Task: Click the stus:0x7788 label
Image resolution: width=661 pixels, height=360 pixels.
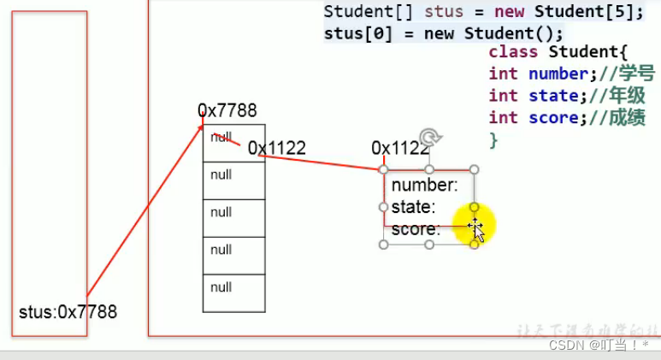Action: pyautogui.click(x=68, y=312)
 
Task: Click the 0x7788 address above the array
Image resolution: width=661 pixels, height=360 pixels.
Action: pyautogui.click(x=227, y=110)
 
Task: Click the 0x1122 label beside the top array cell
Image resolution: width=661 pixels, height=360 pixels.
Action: pyautogui.click(x=276, y=149)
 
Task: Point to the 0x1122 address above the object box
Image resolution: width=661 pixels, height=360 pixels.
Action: pyautogui.click(x=399, y=148)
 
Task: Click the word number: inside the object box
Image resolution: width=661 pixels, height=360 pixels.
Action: pyautogui.click(x=424, y=185)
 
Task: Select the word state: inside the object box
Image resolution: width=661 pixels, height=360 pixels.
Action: pyautogui.click(x=414, y=207)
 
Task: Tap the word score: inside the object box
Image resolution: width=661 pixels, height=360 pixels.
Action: pyautogui.click(x=416, y=229)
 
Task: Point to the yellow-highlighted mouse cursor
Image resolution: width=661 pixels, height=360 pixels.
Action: pyautogui.click(x=475, y=227)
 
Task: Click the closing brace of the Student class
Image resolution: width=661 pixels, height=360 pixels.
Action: pyautogui.click(x=493, y=139)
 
